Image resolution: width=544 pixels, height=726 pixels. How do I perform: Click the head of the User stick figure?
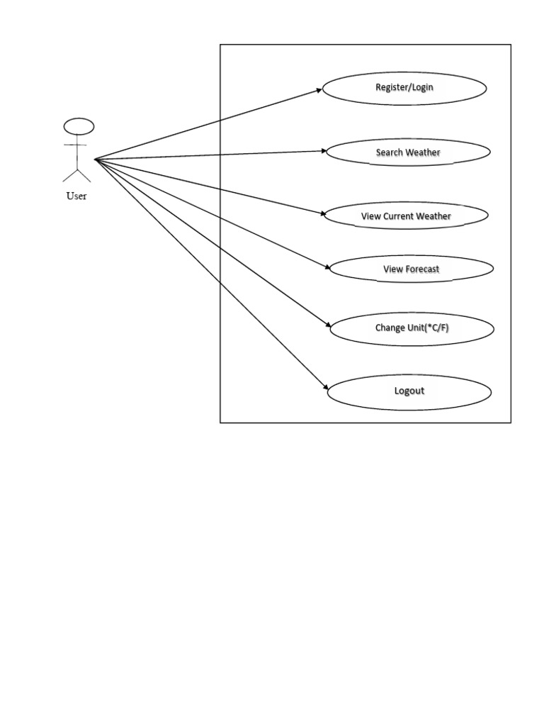click(79, 126)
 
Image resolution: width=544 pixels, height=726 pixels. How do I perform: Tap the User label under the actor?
click(76, 196)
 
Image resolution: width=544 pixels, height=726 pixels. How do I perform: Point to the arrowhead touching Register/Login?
click(319, 90)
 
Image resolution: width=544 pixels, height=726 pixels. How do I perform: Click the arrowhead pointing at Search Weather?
click(324, 151)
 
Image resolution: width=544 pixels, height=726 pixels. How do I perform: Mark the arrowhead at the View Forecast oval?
click(327, 267)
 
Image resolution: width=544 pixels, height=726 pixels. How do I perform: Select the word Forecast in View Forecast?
click(421, 269)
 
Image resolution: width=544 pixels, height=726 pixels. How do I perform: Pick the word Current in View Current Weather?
click(398, 216)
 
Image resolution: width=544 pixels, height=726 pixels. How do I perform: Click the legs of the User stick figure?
click(76, 176)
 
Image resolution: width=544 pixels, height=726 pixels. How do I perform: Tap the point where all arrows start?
click(95, 160)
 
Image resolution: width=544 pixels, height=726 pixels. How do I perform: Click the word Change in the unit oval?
click(390, 328)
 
